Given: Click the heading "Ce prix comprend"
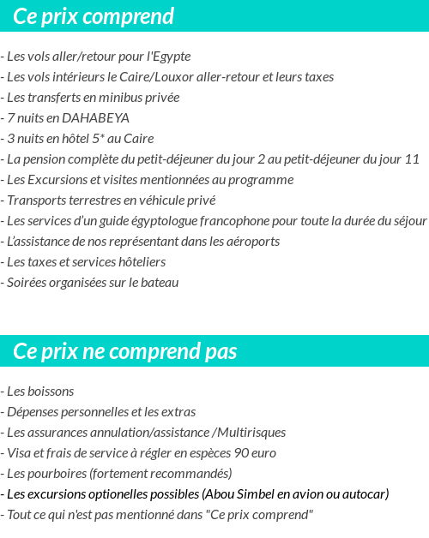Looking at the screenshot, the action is point(94,16).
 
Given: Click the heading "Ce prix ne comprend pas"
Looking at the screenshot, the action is point(125,351).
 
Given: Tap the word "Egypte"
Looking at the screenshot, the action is point(169,57).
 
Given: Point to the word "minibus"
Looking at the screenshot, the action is point(120,98).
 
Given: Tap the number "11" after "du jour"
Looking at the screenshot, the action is point(412,159).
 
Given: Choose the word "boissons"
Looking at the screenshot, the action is point(51,392).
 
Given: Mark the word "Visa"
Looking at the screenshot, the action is point(18,453).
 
